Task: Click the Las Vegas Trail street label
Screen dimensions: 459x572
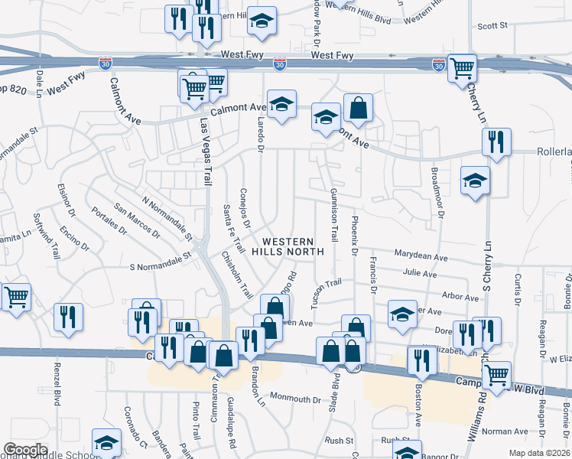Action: pos(206,151)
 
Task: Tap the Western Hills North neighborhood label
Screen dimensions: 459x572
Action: pos(288,246)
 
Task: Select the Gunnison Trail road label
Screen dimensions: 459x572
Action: pos(333,213)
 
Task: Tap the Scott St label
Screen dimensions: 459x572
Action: pos(492,26)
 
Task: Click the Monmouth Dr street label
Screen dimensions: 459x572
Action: pos(294,399)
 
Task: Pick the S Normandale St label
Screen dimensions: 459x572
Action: pos(159,262)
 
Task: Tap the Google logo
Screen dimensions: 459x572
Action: pos(24,450)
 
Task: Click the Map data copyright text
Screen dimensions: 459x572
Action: pos(539,453)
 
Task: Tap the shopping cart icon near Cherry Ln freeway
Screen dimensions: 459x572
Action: pos(463,68)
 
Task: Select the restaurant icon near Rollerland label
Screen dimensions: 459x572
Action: pos(496,142)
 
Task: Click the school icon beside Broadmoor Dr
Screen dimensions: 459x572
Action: pos(475,181)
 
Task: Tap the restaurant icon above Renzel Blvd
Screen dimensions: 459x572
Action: pos(69,317)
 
